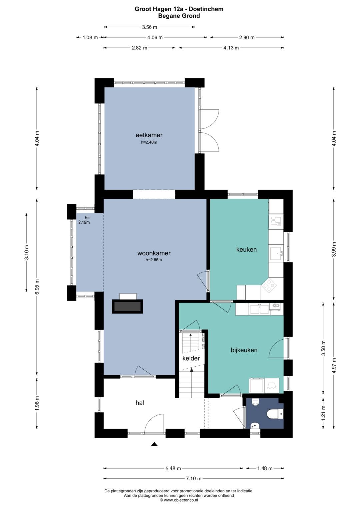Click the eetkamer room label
tap(149, 135)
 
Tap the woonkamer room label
tap(154, 253)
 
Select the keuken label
tap(246, 249)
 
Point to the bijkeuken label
tap(244, 350)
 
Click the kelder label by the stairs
tap(191, 358)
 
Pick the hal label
tap(140, 403)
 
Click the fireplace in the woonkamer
tap(127, 306)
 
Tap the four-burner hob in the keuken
tap(269, 285)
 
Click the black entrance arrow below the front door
tap(154, 444)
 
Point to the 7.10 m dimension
tap(194, 478)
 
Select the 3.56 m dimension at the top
tap(150, 27)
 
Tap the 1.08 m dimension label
tap(90, 37)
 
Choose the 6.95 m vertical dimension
tap(37, 287)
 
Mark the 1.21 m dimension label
tap(323, 413)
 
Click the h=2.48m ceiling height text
tap(149, 142)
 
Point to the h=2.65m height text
tap(154, 260)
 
